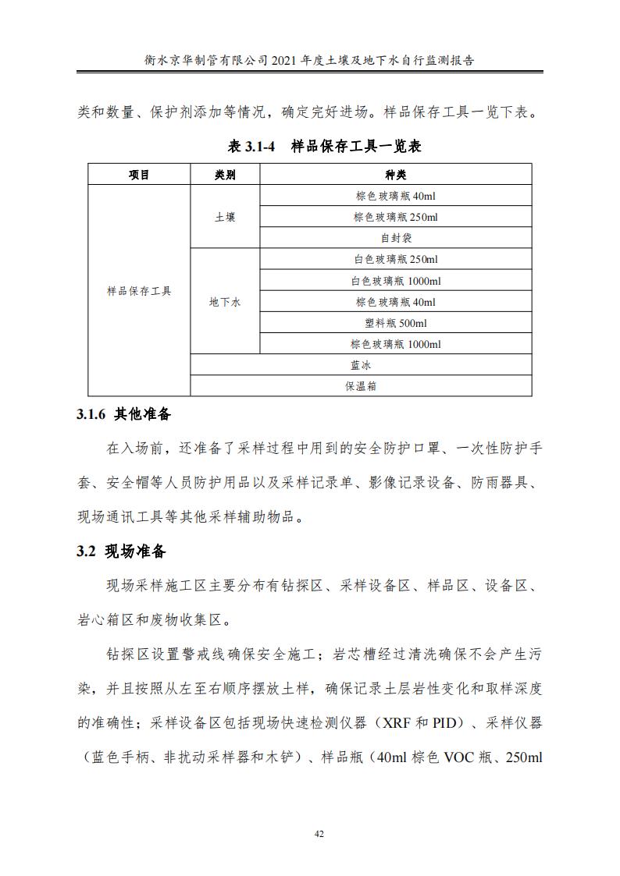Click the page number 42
point(319,834)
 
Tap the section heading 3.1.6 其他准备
point(123,413)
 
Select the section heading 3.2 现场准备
point(121,551)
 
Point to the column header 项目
point(139,175)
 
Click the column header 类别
point(225,175)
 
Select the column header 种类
point(395,175)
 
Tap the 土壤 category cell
point(225,218)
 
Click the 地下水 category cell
point(225,302)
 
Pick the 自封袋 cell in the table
point(395,239)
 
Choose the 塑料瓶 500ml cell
point(395,323)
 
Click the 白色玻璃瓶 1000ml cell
point(395,281)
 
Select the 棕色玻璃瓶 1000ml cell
point(395,344)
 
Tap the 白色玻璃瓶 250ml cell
point(395,260)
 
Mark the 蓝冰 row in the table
point(361,365)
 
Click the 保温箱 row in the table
point(361,386)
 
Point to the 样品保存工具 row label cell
point(139,291)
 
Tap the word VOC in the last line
point(465,757)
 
